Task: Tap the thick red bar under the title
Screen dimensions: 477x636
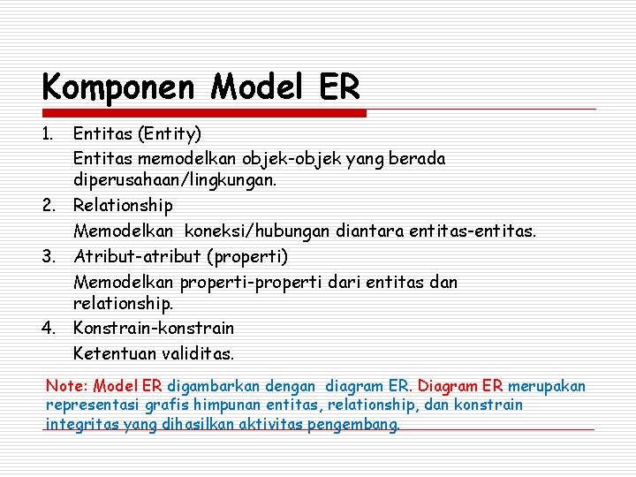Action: pos(203,113)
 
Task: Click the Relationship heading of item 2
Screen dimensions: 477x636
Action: pos(123,205)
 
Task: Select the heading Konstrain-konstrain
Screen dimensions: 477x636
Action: pos(154,328)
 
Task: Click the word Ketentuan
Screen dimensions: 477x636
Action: pos(115,353)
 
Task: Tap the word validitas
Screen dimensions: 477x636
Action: pos(199,353)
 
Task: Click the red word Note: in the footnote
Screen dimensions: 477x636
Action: pos(66,386)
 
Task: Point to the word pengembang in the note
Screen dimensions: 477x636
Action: pos(354,424)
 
